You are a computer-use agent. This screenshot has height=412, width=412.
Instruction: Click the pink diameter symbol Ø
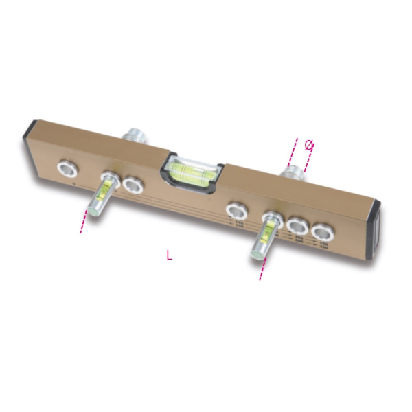point(308,145)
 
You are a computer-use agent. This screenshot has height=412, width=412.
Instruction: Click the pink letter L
point(170,255)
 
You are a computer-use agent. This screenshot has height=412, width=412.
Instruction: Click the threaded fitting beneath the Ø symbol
point(296,170)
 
